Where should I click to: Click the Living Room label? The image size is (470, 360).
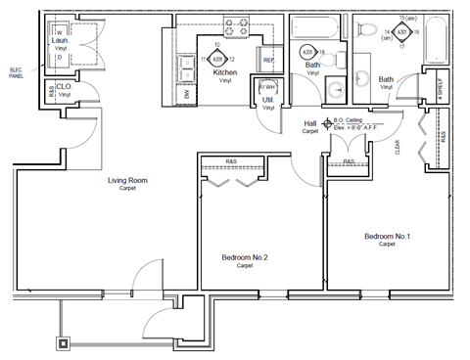tap(127, 180)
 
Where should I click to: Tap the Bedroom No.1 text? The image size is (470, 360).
tap(387, 237)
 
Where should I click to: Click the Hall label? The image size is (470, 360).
tap(310, 122)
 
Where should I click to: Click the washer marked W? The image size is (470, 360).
tap(60, 32)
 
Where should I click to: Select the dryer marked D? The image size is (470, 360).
tap(60, 56)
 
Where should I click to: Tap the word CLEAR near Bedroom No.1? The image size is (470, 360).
tap(398, 147)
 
